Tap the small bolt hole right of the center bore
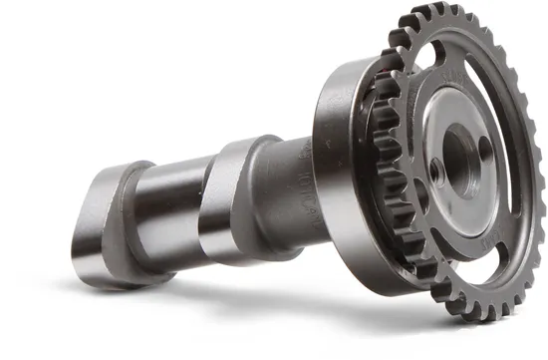click(485, 148)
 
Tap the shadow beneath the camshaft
click(249, 299)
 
